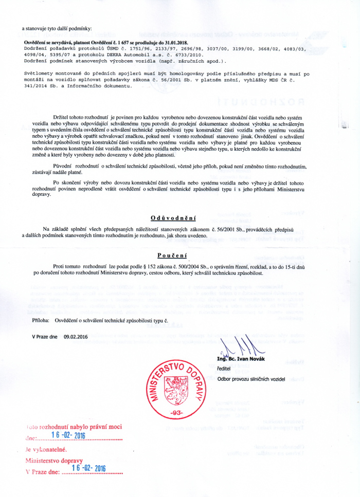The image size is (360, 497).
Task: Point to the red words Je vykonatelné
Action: click(x=43, y=449)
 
